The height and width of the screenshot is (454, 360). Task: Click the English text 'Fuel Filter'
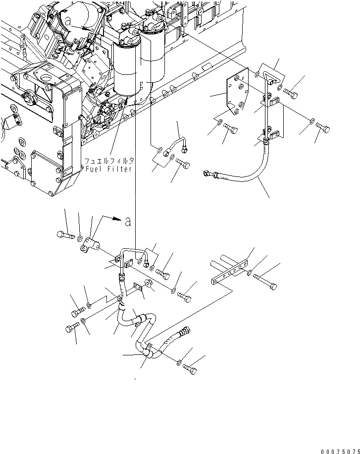[x=108, y=169]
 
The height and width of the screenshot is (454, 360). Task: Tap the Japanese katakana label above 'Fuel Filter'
[x=108, y=161]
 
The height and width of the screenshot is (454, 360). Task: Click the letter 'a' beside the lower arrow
[x=128, y=222]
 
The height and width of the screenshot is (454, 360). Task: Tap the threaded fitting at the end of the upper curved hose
[x=209, y=174]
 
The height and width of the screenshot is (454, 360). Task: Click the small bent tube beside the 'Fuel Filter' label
[x=176, y=144]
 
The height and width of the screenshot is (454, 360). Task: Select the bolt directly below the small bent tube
[x=183, y=164]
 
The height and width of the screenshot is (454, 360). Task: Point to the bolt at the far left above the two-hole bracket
[x=65, y=234]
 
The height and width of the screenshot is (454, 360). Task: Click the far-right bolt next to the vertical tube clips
[x=323, y=129]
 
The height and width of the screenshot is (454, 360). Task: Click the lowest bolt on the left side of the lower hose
[x=72, y=328]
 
